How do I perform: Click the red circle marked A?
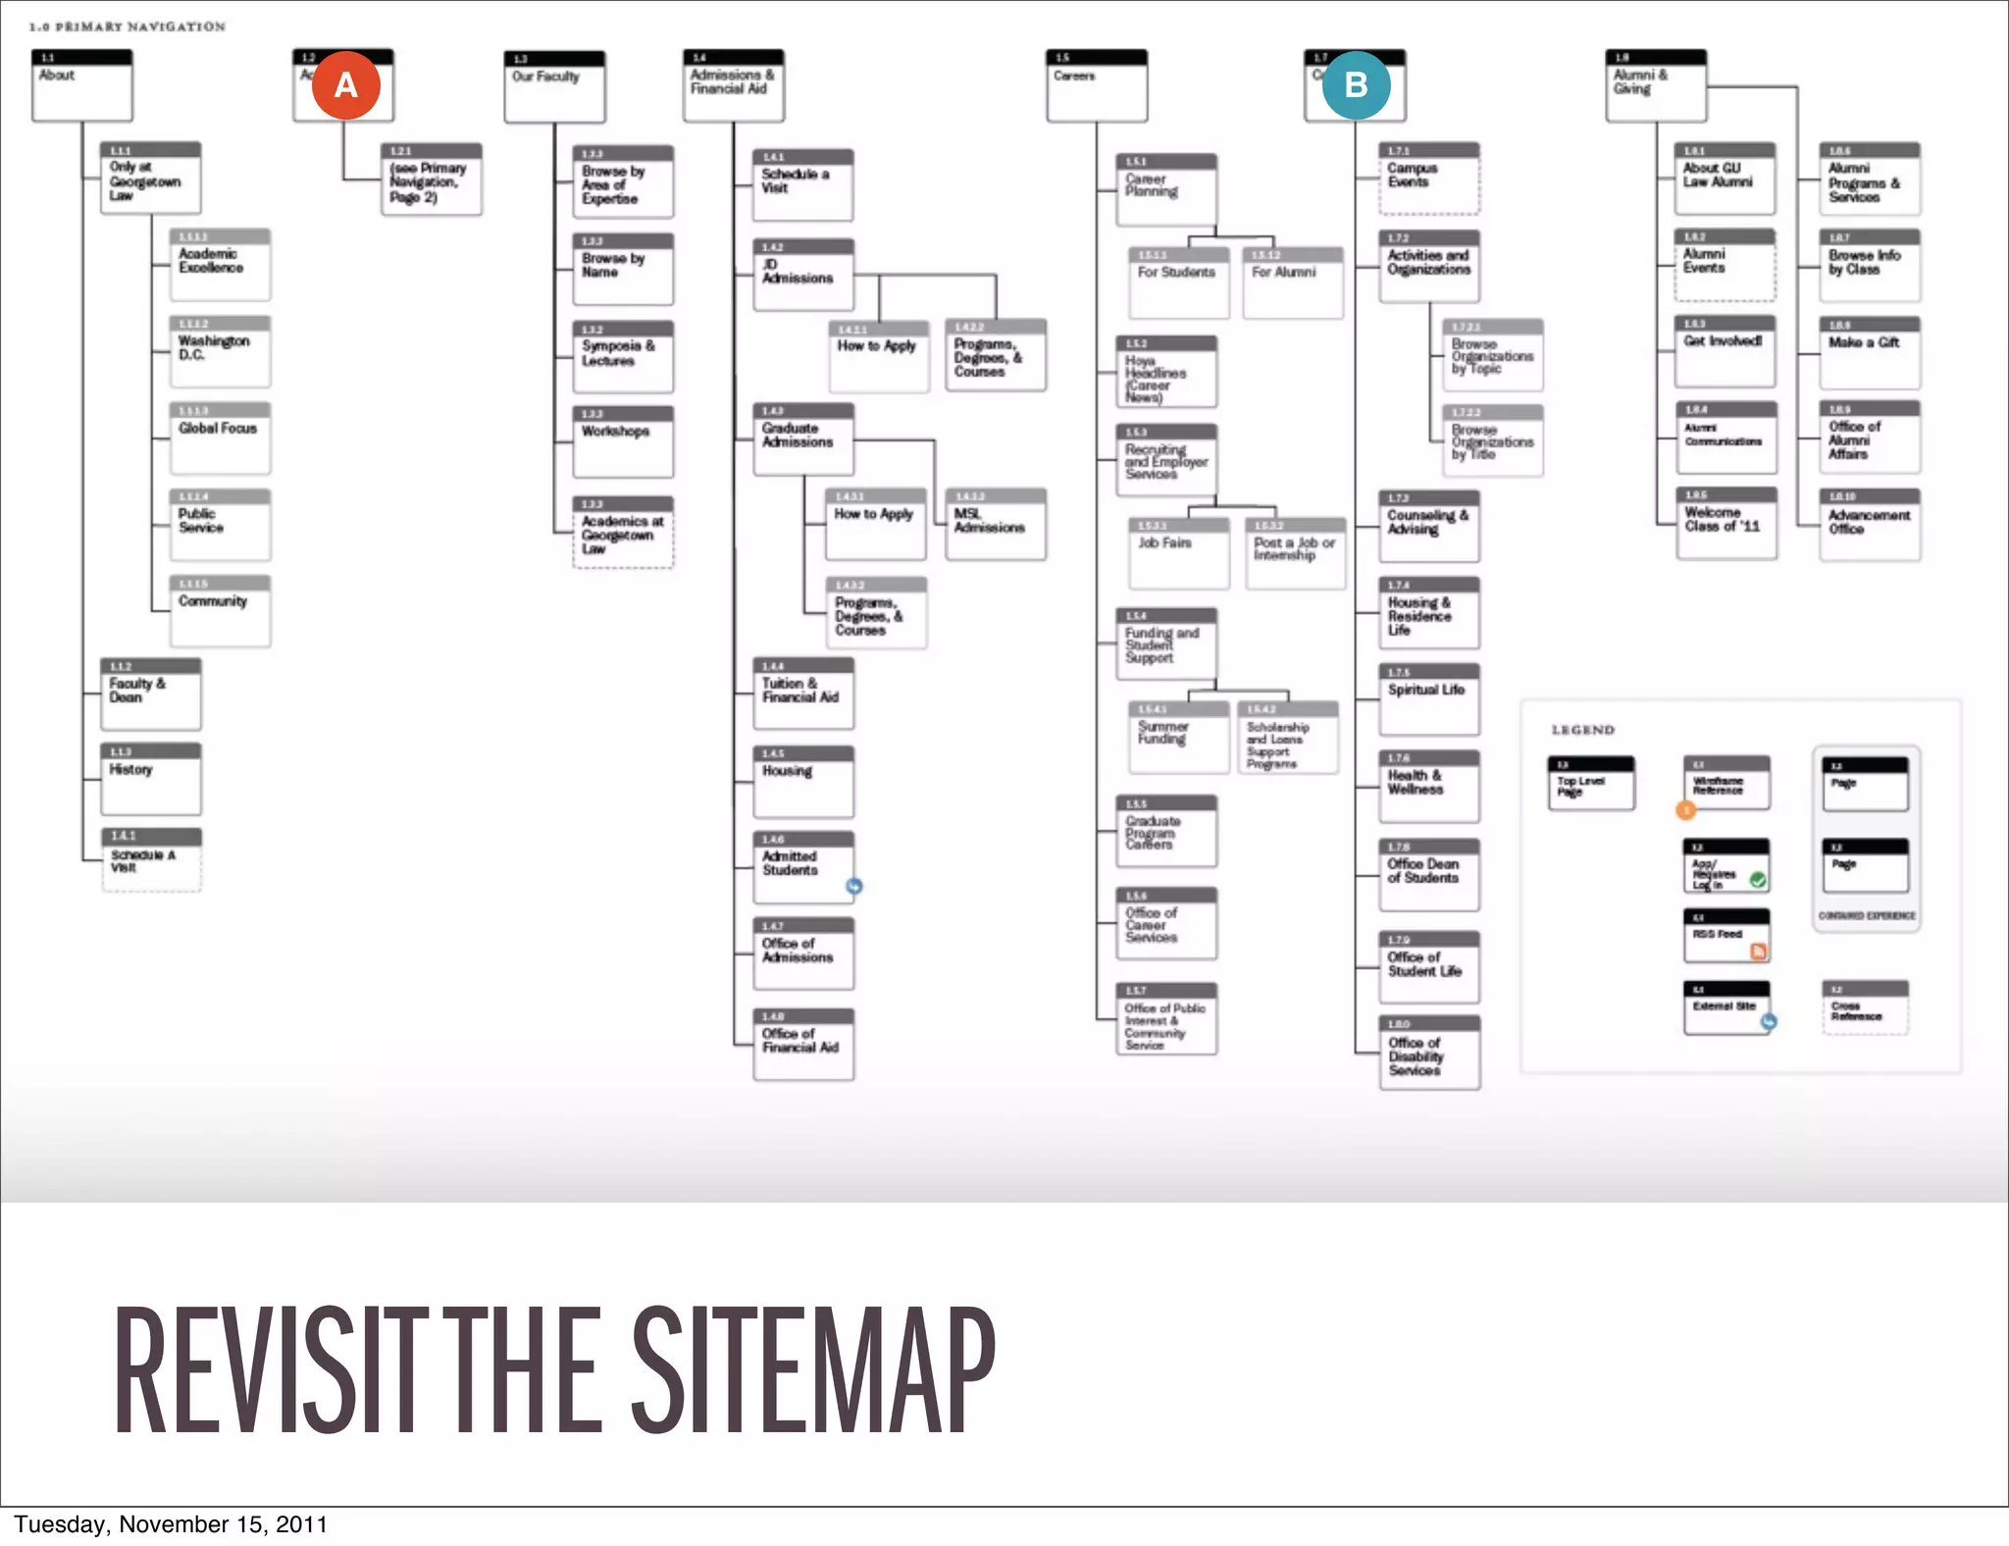pyautogui.click(x=345, y=85)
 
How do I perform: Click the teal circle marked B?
pyautogui.click(x=1356, y=85)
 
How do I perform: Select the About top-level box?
pyautogui.click(x=81, y=85)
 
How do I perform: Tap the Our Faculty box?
pyautogui.click(x=554, y=87)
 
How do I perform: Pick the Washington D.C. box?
pyautogui.click(x=220, y=351)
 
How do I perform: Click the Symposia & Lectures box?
pyautogui.click(x=623, y=357)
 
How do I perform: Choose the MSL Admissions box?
pyautogui.click(x=995, y=525)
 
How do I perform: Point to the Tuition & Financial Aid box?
pyautogui.click(x=802, y=694)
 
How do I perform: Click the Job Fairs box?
pyautogui.click(x=1177, y=553)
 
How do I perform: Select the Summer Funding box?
pyautogui.click(x=1177, y=738)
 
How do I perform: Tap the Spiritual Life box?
pyautogui.click(x=1428, y=699)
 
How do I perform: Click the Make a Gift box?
pyautogui.click(x=1869, y=352)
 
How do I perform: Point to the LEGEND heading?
pyautogui.click(x=1582, y=730)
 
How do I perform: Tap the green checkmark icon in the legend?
pyautogui.click(x=1758, y=880)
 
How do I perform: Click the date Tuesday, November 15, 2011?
pyautogui.click(x=171, y=1524)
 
